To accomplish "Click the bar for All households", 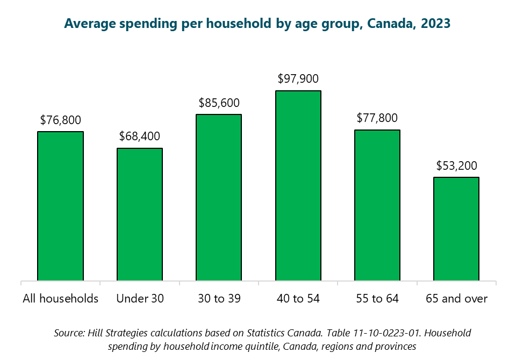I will pyautogui.click(x=60, y=206).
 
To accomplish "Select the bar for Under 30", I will pyautogui.click(x=140, y=214).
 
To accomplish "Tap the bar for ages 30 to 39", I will pyautogui.click(x=219, y=197).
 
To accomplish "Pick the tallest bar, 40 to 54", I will pyautogui.click(x=298, y=185).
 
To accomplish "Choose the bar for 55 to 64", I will pyautogui.click(x=377, y=205).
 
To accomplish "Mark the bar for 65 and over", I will pyautogui.click(x=456, y=228).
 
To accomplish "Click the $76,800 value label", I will pyautogui.click(x=60, y=120).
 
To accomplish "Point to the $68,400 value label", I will pyautogui.click(x=140, y=137).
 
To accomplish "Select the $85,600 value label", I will pyautogui.click(x=219, y=103).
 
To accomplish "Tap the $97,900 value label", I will pyautogui.click(x=298, y=79).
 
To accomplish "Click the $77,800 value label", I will pyautogui.click(x=377, y=118).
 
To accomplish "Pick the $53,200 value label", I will pyautogui.click(x=456, y=165).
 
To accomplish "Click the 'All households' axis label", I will pyautogui.click(x=60, y=299).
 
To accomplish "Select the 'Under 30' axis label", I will pyautogui.click(x=140, y=299).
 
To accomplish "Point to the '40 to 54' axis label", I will pyautogui.click(x=298, y=299).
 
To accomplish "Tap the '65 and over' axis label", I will pyautogui.click(x=456, y=299).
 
